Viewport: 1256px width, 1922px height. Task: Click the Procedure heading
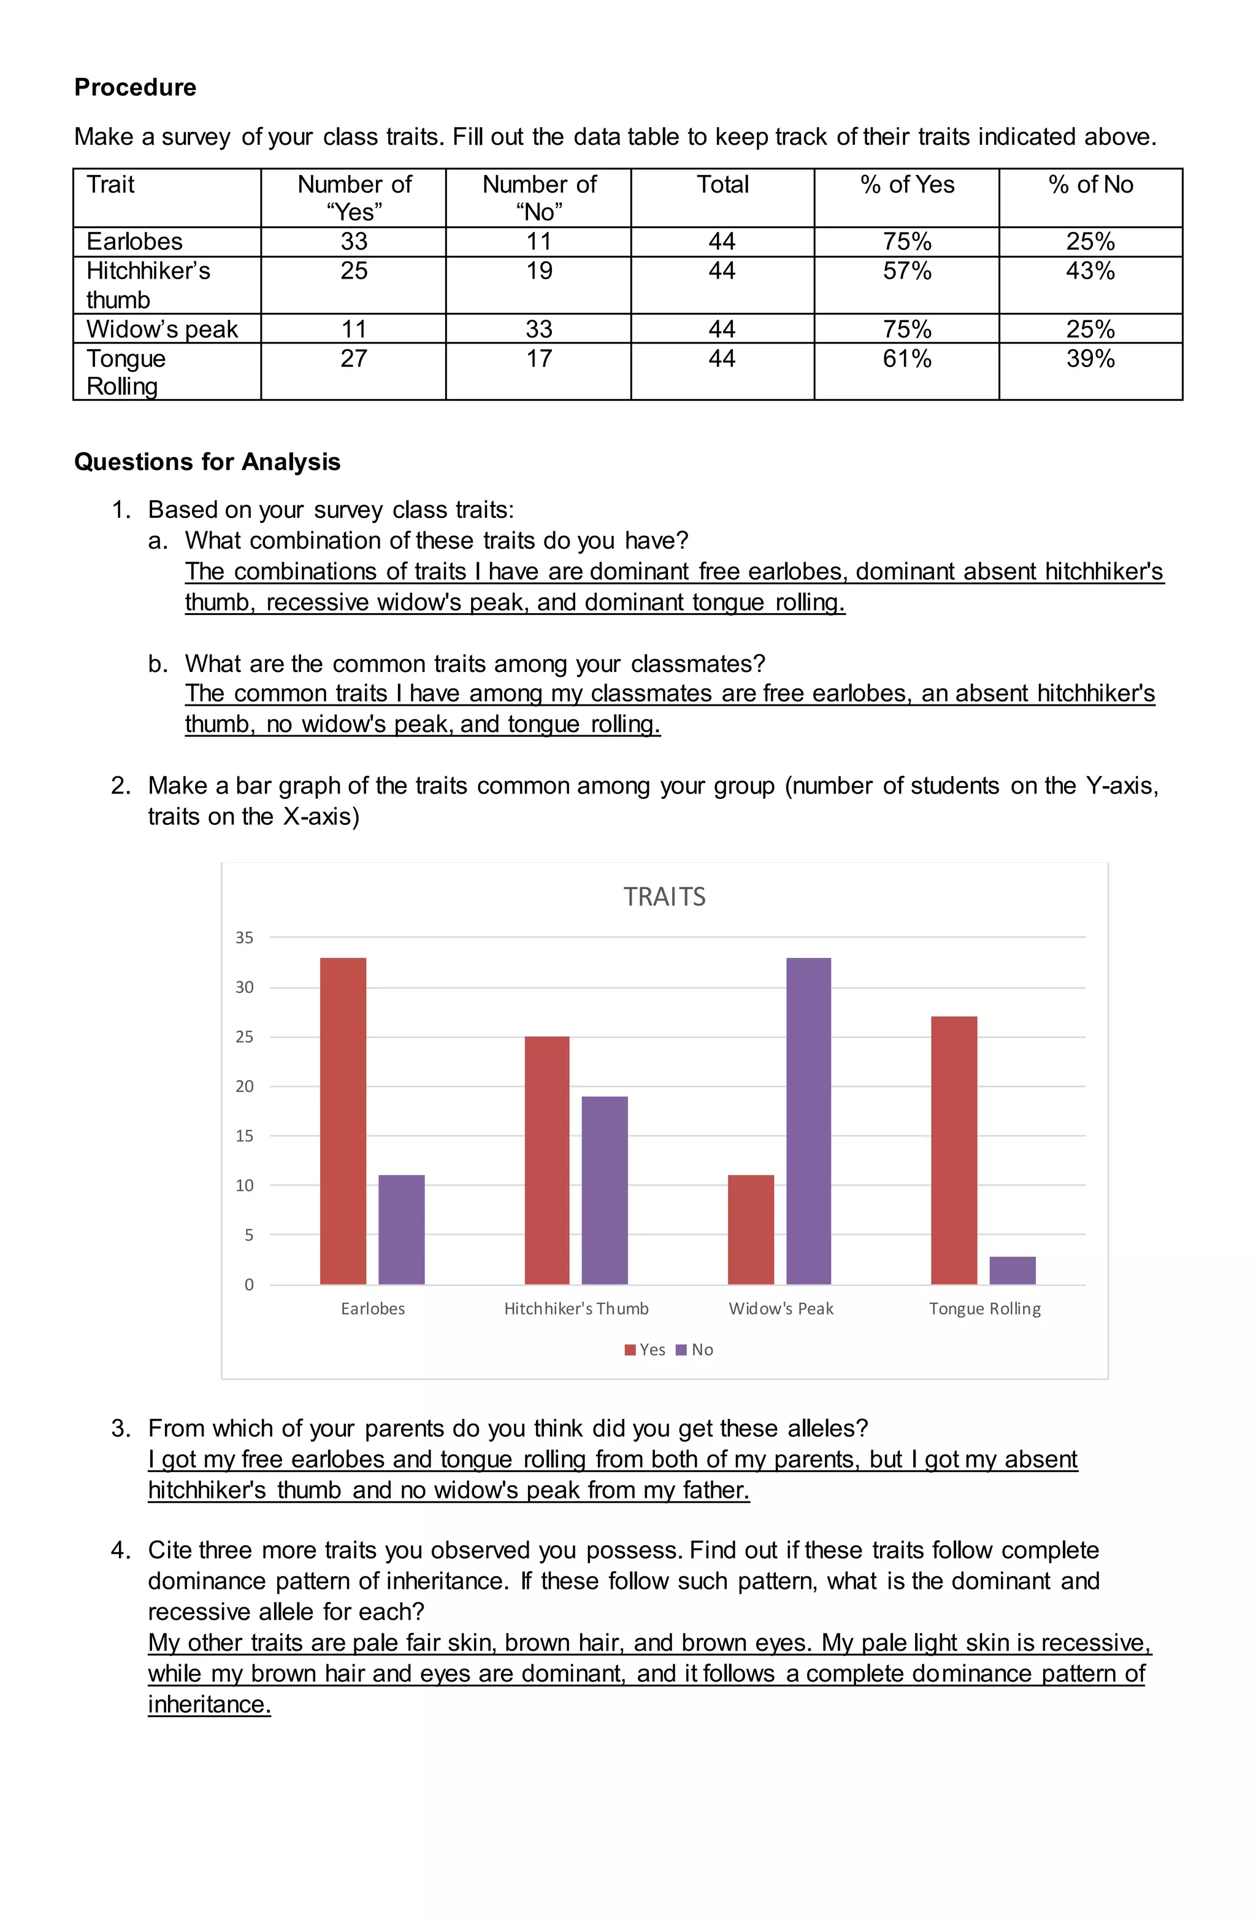[135, 87]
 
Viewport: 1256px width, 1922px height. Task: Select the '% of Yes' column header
[906, 185]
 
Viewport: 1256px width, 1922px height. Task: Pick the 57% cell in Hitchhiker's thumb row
[906, 271]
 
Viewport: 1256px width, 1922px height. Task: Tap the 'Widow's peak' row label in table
[163, 329]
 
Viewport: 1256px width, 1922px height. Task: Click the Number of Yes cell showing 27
[353, 358]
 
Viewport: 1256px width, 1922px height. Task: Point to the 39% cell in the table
[1090, 358]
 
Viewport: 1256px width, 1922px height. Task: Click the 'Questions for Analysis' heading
[207, 462]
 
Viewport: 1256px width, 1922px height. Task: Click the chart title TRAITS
[664, 897]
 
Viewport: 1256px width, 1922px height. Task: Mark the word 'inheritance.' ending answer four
[209, 1705]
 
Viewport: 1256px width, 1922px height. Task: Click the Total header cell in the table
[722, 185]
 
